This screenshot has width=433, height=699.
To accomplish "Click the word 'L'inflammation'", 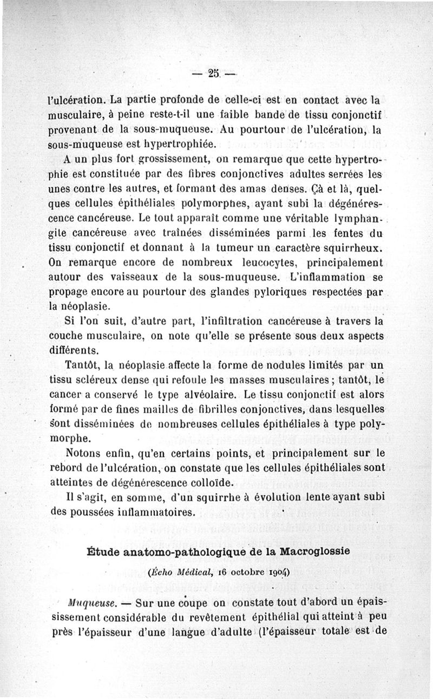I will click(330, 279).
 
